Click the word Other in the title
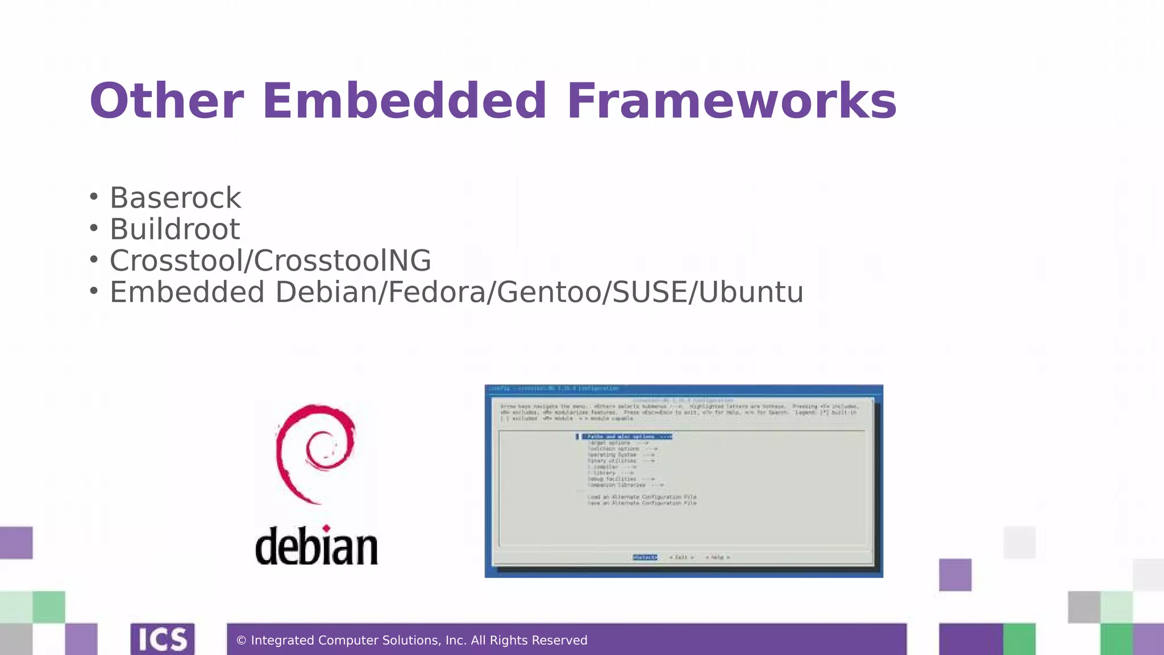pos(167,101)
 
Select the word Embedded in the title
pos(404,101)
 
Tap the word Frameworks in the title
pos(731,101)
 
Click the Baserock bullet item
pos(175,198)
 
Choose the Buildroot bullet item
pos(174,229)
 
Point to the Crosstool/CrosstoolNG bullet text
pos(270,261)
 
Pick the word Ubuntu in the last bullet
pos(751,292)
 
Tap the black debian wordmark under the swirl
pos(317,546)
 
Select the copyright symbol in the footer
pos(241,641)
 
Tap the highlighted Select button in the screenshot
pos(645,557)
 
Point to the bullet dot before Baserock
pos(94,198)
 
